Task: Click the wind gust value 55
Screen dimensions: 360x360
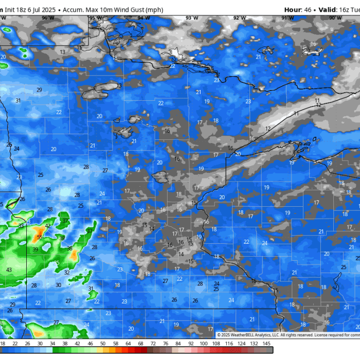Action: [40, 237]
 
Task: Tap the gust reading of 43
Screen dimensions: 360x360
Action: [9, 270]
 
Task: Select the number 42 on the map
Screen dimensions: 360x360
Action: [48, 226]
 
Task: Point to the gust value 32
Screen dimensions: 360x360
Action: [67, 273]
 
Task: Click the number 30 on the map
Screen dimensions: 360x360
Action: [59, 285]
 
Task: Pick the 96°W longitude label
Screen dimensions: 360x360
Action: [48, 18]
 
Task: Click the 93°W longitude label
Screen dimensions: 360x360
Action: [192, 18]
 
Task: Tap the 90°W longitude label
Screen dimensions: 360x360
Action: [335, 18]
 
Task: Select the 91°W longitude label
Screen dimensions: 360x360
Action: [287, 18]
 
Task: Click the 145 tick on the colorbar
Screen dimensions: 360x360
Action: [266, 344]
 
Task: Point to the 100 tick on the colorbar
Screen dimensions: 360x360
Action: [204, 344]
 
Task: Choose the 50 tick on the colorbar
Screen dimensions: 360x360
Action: [103, 344]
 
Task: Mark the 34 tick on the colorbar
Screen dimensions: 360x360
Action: [52, 344]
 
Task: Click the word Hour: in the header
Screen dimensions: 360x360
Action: [292, 10]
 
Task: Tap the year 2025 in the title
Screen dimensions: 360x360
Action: [48, 10]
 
